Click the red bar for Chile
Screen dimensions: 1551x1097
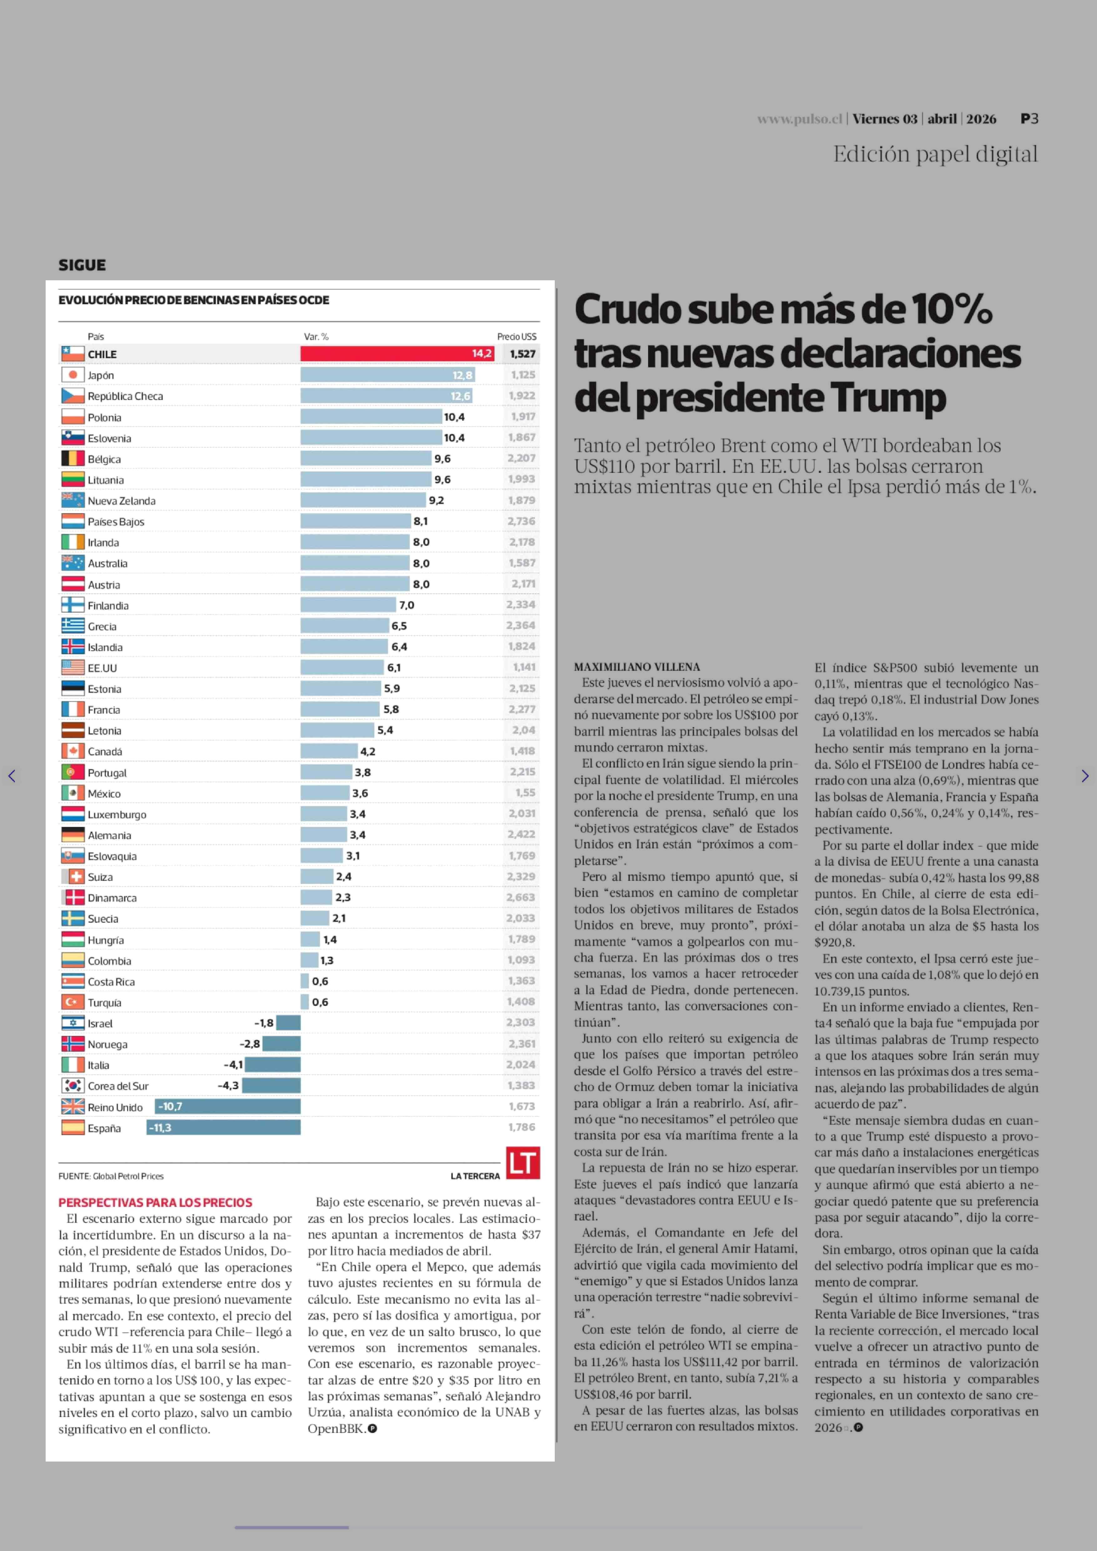[397, 353]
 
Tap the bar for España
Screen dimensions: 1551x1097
[224, 1127]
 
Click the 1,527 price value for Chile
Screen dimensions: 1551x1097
[522, 353]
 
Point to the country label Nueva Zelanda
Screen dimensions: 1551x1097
[122, 501]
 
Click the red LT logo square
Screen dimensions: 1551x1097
[523, 1162]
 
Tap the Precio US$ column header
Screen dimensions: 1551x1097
[517, 337]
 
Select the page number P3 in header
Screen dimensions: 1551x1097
[1029, 119]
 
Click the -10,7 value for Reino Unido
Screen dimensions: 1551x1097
[170, 1106]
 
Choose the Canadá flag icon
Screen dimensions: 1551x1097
[73, 751]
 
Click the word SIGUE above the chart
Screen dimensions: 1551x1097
[82, 265]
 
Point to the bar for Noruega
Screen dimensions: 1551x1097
[282, 1044]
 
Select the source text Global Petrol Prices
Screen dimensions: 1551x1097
[128, 1176]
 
